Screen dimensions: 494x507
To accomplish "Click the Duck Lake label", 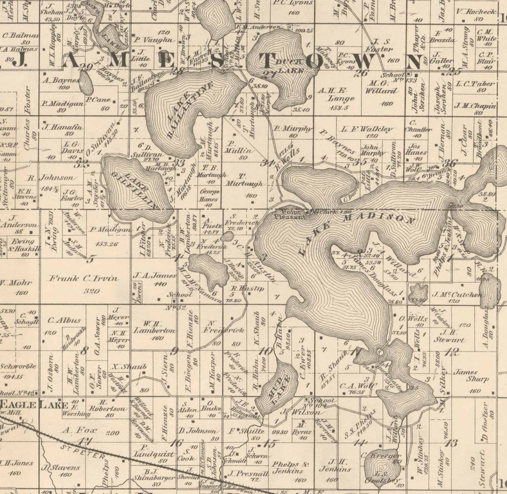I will tap(290, 66).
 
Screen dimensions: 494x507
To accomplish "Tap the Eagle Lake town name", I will tap(35, 405).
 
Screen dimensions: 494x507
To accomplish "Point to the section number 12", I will tap(453, 352).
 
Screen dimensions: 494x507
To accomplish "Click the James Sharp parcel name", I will tap(465, 376).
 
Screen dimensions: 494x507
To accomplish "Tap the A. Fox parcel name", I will tap(73, 430).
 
